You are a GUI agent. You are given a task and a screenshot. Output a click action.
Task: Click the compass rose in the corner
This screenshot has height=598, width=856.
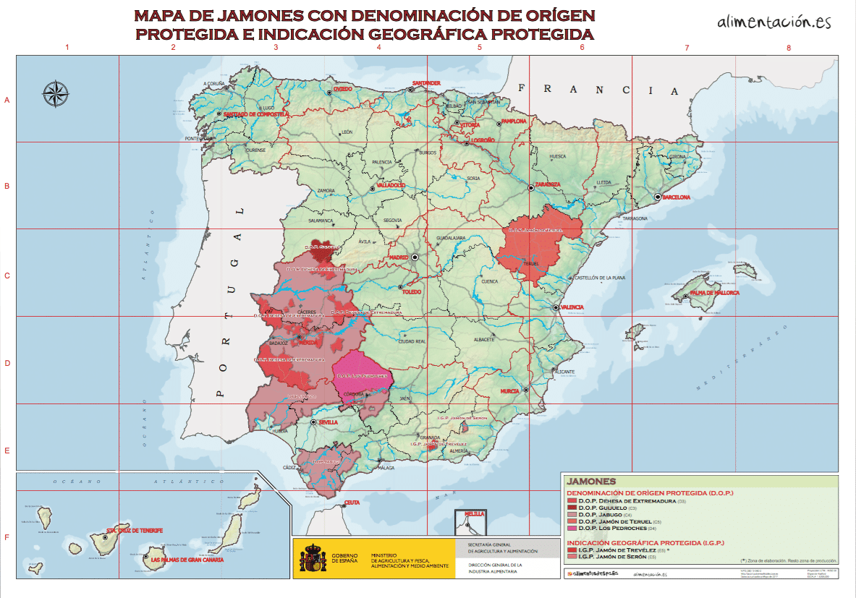pos(55,94)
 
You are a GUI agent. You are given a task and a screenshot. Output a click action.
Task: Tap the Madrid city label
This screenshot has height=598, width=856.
pos(399,257)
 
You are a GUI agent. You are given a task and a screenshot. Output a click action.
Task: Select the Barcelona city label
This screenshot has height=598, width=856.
pos(675,197)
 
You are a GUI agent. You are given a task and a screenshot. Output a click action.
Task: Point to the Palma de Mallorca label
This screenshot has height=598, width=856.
pos(715,293)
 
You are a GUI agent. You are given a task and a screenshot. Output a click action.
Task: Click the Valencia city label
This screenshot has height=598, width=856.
pos(572,307)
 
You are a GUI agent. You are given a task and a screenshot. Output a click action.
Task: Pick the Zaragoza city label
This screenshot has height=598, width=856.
pos(548,184)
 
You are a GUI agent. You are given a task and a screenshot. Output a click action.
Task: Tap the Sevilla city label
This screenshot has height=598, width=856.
pos(329,422)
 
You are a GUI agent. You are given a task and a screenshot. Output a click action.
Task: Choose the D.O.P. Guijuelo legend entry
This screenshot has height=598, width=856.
pos(607,510)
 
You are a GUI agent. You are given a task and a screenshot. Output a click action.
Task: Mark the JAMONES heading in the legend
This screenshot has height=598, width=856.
pos(592,482)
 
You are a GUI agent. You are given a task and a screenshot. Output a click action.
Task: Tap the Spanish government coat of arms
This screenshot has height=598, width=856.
pos(312,558)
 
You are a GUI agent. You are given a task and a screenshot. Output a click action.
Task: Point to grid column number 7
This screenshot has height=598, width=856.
pos(687,48)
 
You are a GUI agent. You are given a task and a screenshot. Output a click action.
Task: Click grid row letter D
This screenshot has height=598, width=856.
pos(7,364)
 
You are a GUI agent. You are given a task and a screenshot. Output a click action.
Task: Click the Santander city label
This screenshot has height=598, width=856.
pos(426,83)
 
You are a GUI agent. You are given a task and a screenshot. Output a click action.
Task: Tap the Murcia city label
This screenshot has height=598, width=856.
pos(510,391)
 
